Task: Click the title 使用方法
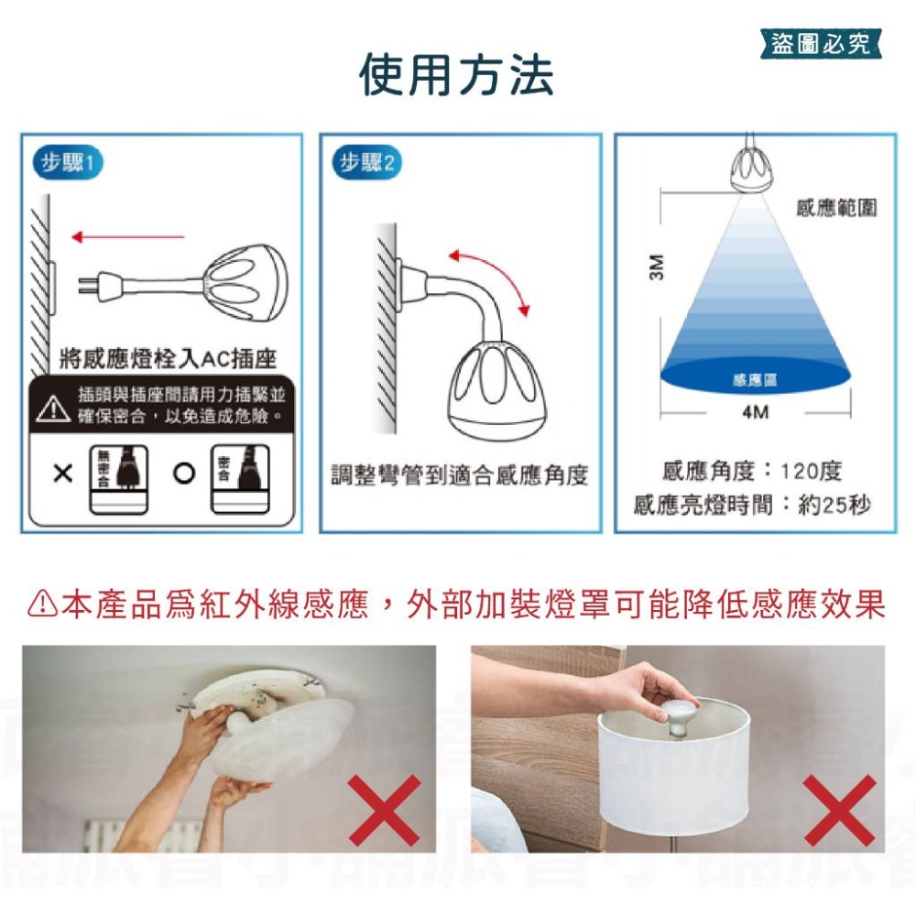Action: (455, 75)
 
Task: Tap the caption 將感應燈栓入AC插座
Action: (167, 357)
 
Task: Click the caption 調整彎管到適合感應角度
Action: (459, 475)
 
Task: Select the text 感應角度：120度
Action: (751, 472)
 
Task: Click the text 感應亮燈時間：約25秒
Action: (751, 505)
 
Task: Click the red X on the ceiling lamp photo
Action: (385, 810)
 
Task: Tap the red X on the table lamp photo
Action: (838, 810)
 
